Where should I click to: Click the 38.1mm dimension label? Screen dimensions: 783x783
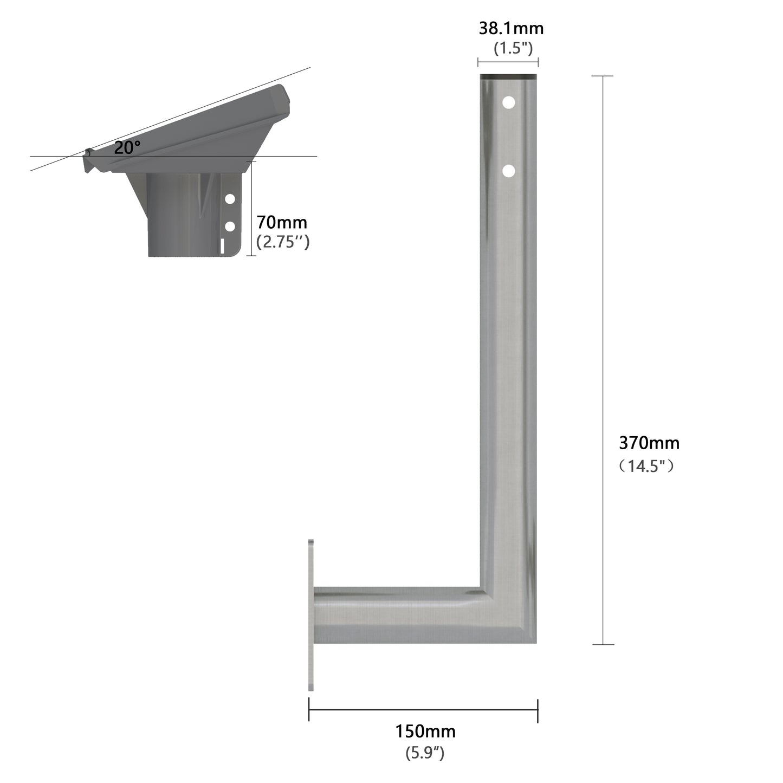510,28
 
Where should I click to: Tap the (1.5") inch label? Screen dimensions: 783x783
513,48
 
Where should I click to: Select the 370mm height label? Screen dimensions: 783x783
649,443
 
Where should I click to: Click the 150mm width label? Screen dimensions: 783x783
425,732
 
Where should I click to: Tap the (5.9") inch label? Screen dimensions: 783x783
425,753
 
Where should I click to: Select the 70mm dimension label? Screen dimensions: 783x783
282,222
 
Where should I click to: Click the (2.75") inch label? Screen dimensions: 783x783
282,242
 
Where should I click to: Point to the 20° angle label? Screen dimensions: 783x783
127,147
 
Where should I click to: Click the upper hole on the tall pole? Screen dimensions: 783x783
508,102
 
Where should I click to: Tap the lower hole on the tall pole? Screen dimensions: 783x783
508,171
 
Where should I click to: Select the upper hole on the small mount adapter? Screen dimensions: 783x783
230,199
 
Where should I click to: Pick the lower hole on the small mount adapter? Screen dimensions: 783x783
230,226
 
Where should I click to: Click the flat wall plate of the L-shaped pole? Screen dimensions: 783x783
311,615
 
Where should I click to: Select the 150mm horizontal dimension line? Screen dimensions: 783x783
423,710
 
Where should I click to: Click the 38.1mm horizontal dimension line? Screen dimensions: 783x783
508,62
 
